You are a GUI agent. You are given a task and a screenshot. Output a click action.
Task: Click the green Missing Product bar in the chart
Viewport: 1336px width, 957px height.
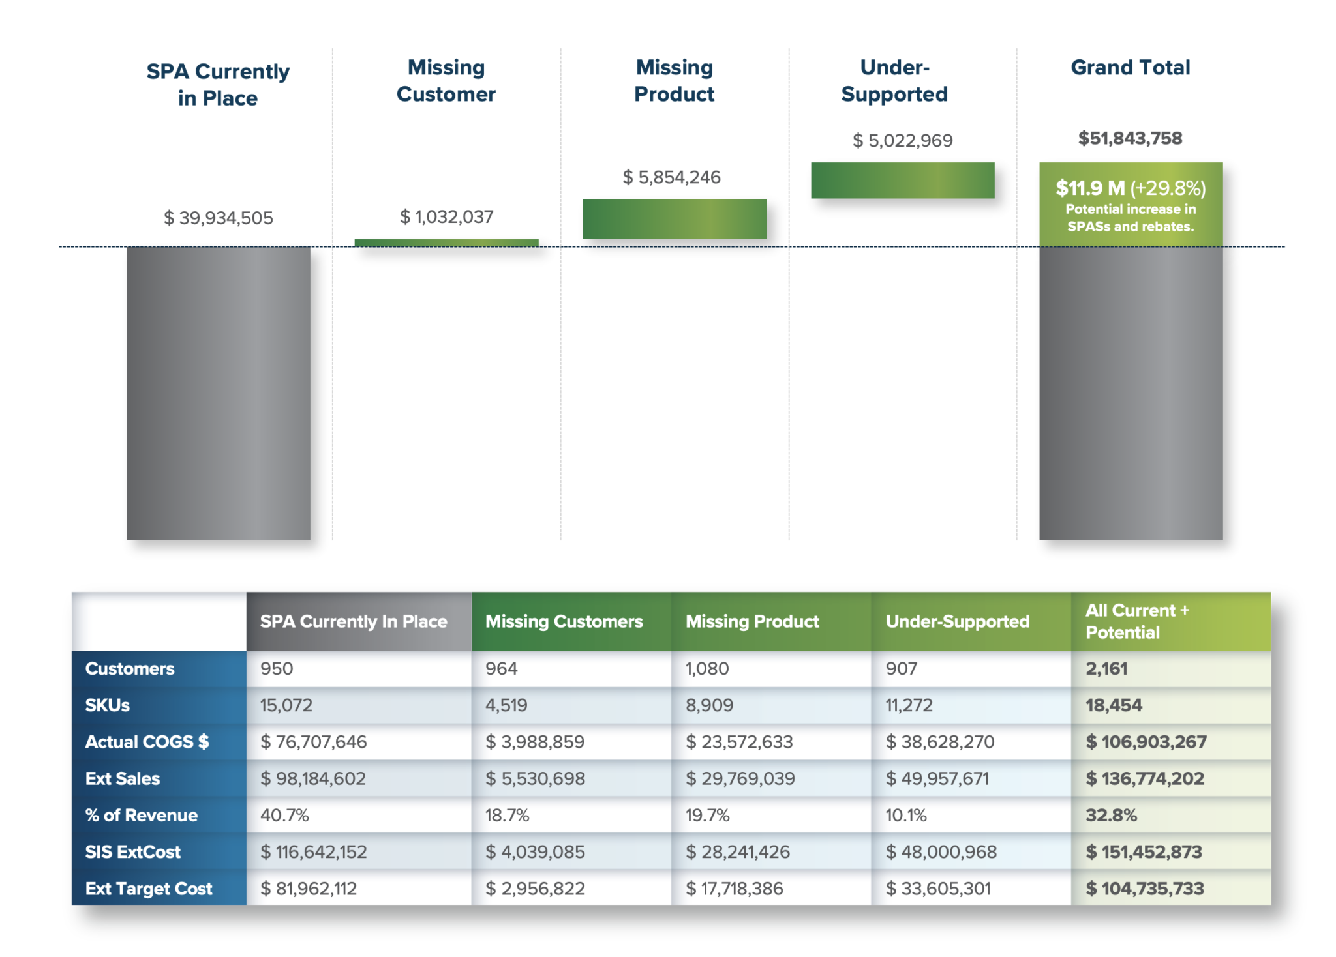pyautogui.click(x=675, y=218)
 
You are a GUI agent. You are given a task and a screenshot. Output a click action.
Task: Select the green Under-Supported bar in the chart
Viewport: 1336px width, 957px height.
pyautogui.click(x=902, y=180)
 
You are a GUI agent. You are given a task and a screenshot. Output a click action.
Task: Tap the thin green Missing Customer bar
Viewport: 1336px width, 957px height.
pyautogui.click(x=446, y=243)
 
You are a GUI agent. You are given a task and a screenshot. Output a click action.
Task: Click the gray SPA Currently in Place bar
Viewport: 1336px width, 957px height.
pyautogui.click(x=219, y=392)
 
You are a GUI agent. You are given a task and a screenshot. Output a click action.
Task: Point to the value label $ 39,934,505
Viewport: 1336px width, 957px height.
pyautogui.click(x=219, y=218)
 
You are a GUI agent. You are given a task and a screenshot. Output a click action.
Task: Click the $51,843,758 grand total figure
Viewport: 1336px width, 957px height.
pyautogui.click(x=1130, y=138)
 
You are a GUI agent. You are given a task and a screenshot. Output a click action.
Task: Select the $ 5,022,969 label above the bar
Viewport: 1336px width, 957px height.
pyautogui.click(x=902, y=140)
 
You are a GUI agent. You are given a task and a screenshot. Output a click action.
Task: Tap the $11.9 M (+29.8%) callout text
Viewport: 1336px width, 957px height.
pyautogui.click(x=1131, y=188)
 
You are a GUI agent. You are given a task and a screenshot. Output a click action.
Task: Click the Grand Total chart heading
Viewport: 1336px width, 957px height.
pyautogui.click(x=1130, y=68)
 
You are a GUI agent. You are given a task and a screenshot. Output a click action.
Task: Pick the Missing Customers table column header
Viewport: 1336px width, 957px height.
pyautogui.click(x=564, y=621)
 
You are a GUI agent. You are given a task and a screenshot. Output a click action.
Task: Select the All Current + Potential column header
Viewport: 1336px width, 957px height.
pyautogui.click(x=1137, y=621)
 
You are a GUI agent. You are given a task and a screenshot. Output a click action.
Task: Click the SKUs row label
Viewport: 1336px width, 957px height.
pyautogui.click(x=108, y=705)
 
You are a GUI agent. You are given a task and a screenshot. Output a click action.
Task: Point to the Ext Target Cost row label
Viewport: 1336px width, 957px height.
pyautogui.click(x=149, y=889)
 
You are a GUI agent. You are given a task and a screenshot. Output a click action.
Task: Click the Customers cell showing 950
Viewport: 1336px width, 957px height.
pyautogui.click(x=277, y=668)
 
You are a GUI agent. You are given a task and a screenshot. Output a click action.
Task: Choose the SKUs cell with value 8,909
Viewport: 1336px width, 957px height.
pyautogui.click(x=709, y=705)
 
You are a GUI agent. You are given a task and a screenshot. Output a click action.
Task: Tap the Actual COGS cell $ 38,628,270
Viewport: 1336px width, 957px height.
pyautogui.click(x=939, y=742)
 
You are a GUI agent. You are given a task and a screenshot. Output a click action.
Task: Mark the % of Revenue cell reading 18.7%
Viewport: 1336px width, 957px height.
pyautogui.click(x=507, y=815)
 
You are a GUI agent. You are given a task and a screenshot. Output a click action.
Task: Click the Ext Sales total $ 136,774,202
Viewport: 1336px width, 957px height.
pyautogui.click(x=1144, y=778)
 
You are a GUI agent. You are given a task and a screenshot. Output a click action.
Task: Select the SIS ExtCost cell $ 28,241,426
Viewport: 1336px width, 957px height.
pyautogui.click(x=737, y=852)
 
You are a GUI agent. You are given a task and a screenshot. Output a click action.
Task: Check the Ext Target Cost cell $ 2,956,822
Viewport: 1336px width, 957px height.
pyautogui.click(x=535, y=889)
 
